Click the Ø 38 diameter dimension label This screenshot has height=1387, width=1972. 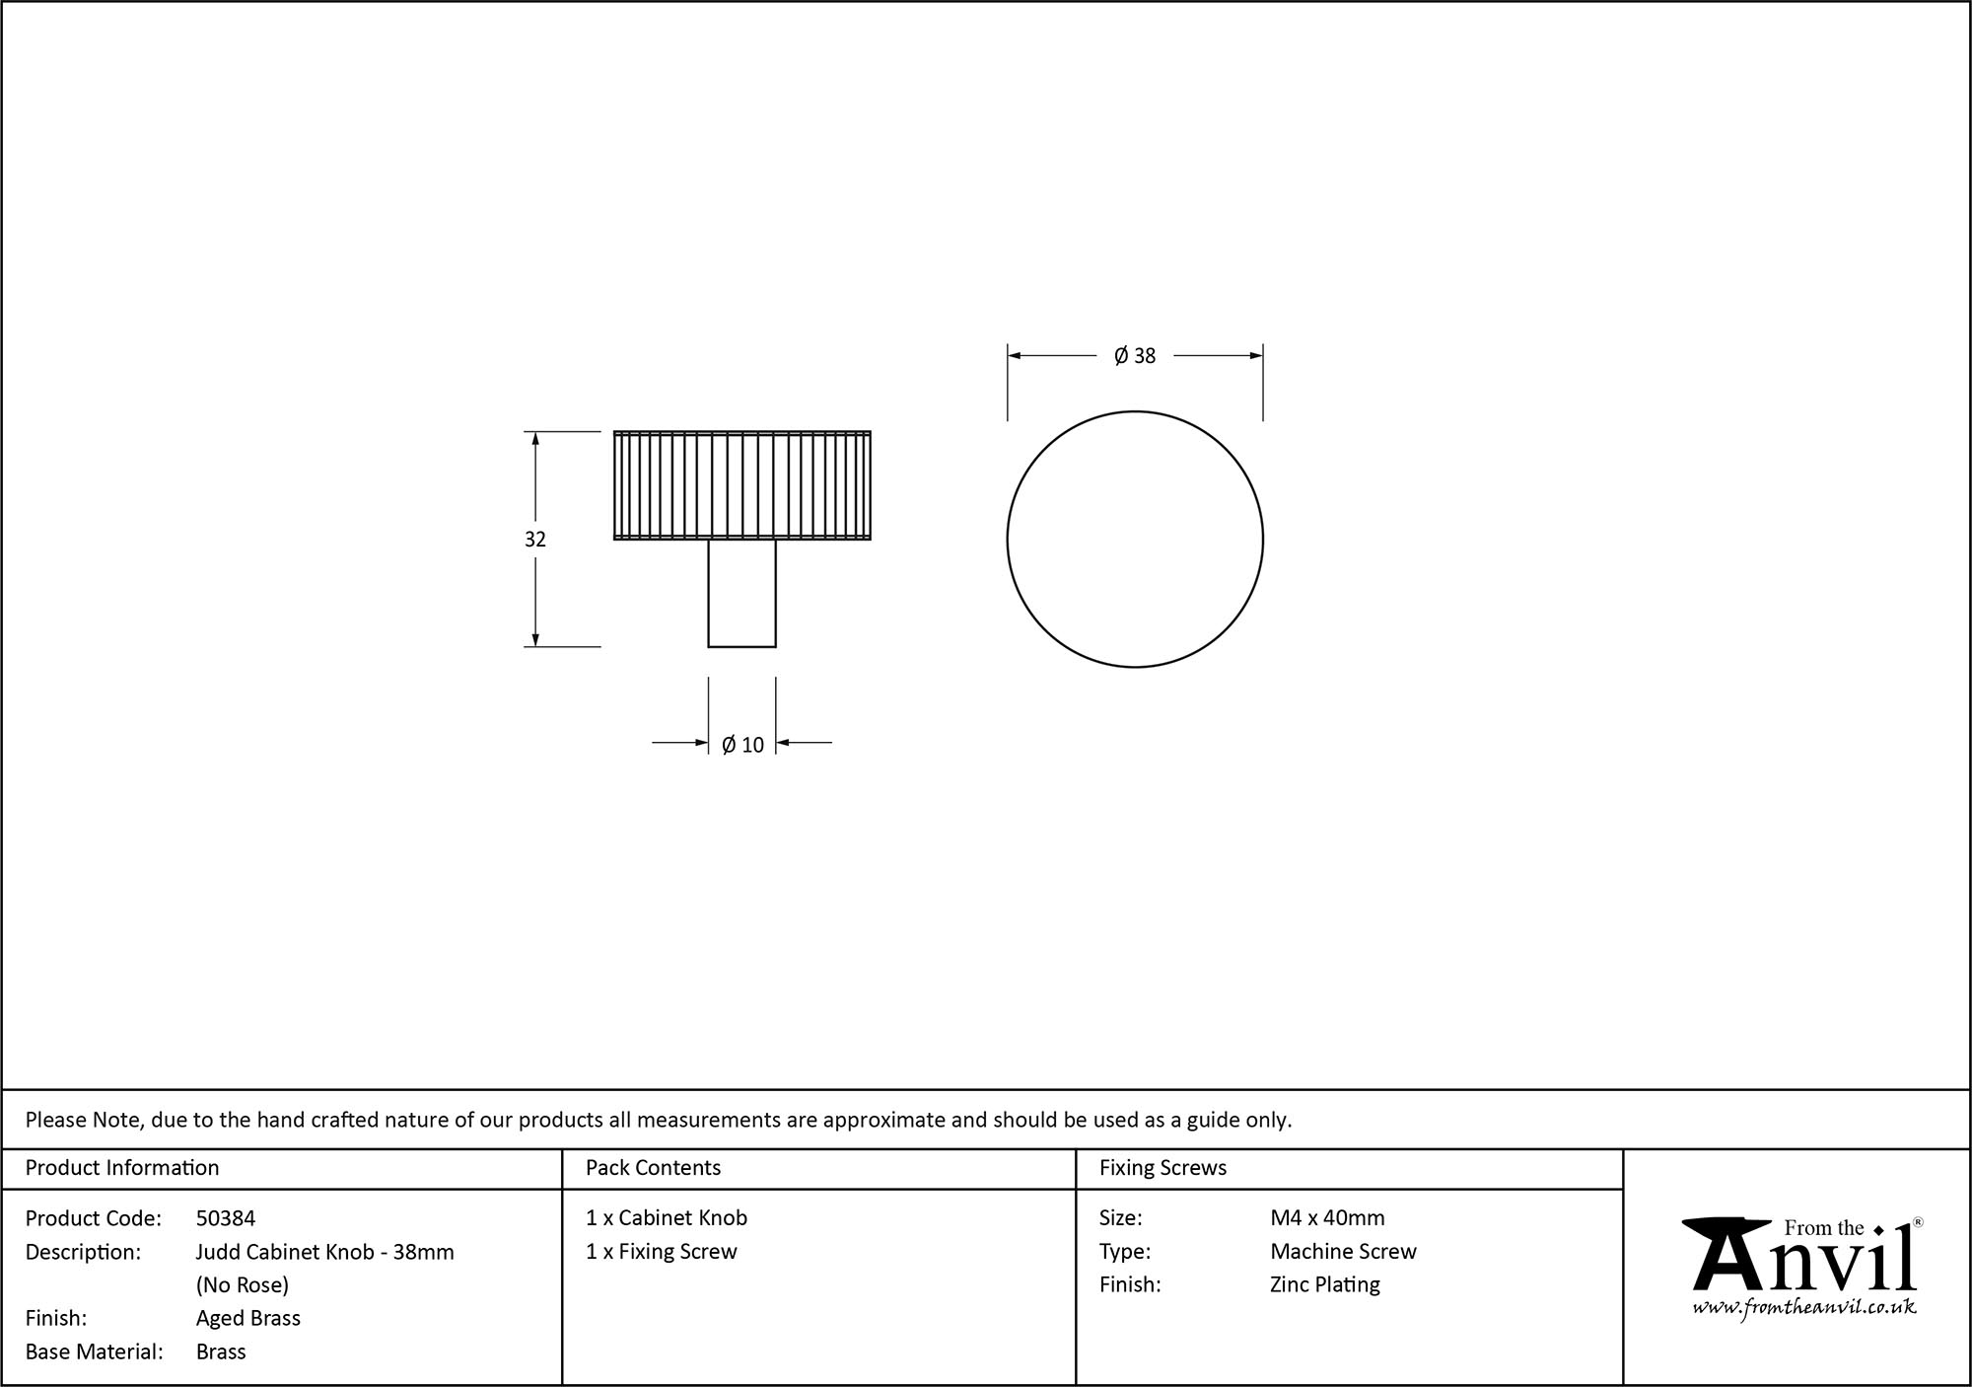click(1135, 356)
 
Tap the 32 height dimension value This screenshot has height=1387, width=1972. click(535, 540)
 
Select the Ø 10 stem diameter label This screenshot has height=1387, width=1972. click(742, 745)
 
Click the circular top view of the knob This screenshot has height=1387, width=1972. click(1135, 540)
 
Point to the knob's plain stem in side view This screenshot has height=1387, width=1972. click(741, 593)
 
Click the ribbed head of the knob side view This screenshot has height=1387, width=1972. click(741, 485)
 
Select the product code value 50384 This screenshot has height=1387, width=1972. click(226, 1218)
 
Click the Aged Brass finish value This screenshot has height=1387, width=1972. click(248, 1318)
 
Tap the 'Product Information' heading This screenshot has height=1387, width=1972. click(122, 1168)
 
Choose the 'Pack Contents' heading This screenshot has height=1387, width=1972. click(653, 1168)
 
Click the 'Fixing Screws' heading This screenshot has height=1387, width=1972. click(1162, 1168)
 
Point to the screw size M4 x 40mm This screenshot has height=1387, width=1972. click(1327, 1218)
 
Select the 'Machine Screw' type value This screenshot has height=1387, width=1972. click(1343, 1252)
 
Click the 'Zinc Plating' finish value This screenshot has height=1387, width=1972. click(1325, 1284)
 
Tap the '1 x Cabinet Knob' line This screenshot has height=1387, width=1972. click(667, 1218)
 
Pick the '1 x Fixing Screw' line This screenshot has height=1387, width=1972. click(662, 1252)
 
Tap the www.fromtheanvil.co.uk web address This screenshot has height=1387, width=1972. click(1804, 1307)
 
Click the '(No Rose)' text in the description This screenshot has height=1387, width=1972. click(243, 1284)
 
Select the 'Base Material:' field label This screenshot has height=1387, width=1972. click(95, 1351)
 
